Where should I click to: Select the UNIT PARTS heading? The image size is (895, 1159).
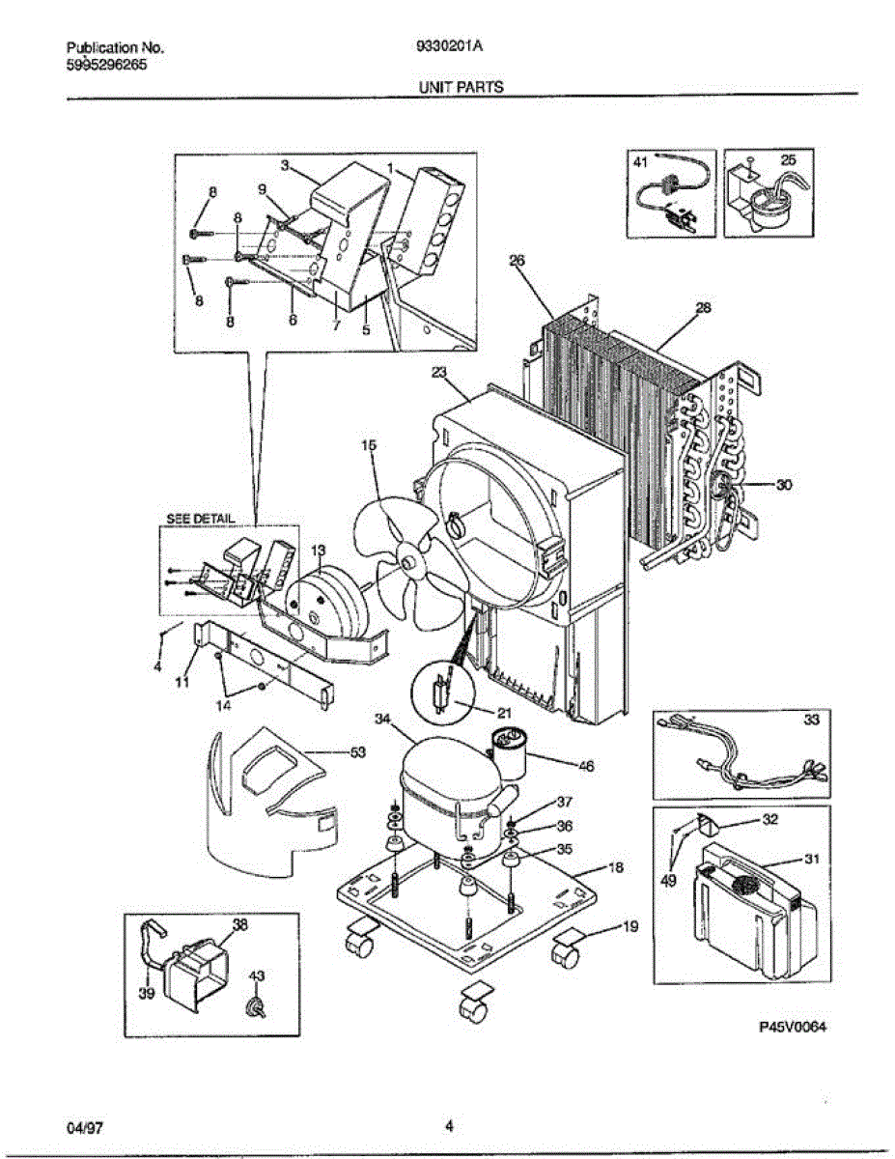[461, 87]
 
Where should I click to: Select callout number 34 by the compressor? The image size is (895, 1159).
[382, 719]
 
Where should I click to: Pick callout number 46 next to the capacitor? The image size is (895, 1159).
[585, 767]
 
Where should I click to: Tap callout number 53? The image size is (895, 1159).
[357, 753]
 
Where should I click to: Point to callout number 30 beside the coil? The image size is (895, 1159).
[783, 486]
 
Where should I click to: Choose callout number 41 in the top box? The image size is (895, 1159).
[640, 164]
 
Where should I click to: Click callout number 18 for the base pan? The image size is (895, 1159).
[616, 867]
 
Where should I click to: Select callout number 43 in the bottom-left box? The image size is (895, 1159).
[256, 976]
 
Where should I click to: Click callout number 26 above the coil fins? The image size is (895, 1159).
[517, 260]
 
